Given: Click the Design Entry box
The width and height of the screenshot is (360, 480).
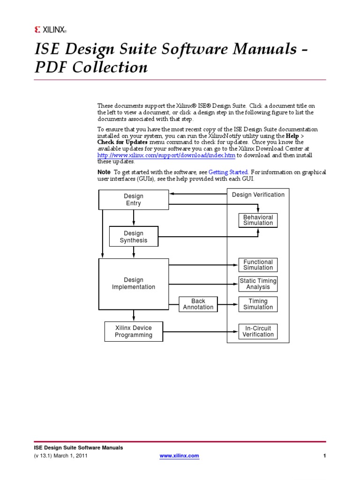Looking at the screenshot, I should (x=134, y=200).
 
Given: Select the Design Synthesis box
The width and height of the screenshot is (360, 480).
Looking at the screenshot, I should (x=134, y=237).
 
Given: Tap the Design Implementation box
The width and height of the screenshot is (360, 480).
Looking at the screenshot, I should (x=134, y=284).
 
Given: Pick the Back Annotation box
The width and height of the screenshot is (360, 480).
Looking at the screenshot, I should (x=198, y=304).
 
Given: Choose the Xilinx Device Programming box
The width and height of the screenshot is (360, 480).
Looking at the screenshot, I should (x=134, y=331).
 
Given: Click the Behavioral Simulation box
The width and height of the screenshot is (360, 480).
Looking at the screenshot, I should (x=258, y=220).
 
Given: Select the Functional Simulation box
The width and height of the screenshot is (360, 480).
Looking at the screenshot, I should (x=258, y=265).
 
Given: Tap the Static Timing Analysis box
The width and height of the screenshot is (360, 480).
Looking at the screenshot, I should (x=258, y=284).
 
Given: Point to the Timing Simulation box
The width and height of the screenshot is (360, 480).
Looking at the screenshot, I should (x=258, y=304).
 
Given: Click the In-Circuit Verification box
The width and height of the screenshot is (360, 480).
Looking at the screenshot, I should (x=258, y=331).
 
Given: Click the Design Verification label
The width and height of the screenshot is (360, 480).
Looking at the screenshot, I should (x=258, y=195).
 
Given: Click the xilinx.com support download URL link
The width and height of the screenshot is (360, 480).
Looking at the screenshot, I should (x=166, y=155).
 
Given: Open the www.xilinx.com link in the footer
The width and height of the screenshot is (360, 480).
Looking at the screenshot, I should (x=180, y=456).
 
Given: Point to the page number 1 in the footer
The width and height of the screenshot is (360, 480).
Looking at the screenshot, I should (x=324, y=456).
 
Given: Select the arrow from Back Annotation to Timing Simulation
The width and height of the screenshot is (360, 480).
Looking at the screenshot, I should (x=227, y=304).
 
